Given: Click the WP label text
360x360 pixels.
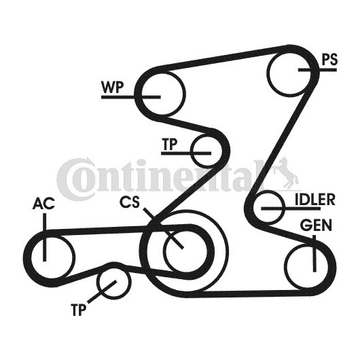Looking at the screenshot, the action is (x=113, y=87).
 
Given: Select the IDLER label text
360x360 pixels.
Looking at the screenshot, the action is (x=314, y=199).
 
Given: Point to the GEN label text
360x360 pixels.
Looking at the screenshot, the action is (x=316, y=225).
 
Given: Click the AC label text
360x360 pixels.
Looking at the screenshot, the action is (x=43, y=203).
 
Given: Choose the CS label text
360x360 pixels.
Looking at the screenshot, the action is (x=130, y=202).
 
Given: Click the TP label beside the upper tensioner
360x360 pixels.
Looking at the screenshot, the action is (x=170, y=144).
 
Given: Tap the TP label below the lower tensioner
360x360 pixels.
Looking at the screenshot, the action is (x=79, y=310).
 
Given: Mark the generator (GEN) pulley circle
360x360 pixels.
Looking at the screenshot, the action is (x=286, y=266).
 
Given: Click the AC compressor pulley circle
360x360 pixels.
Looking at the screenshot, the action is (x=75, y=257).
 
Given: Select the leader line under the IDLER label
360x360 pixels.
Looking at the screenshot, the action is (x=291, y=209).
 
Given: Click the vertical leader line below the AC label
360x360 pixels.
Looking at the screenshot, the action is (x=45, y=237).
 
